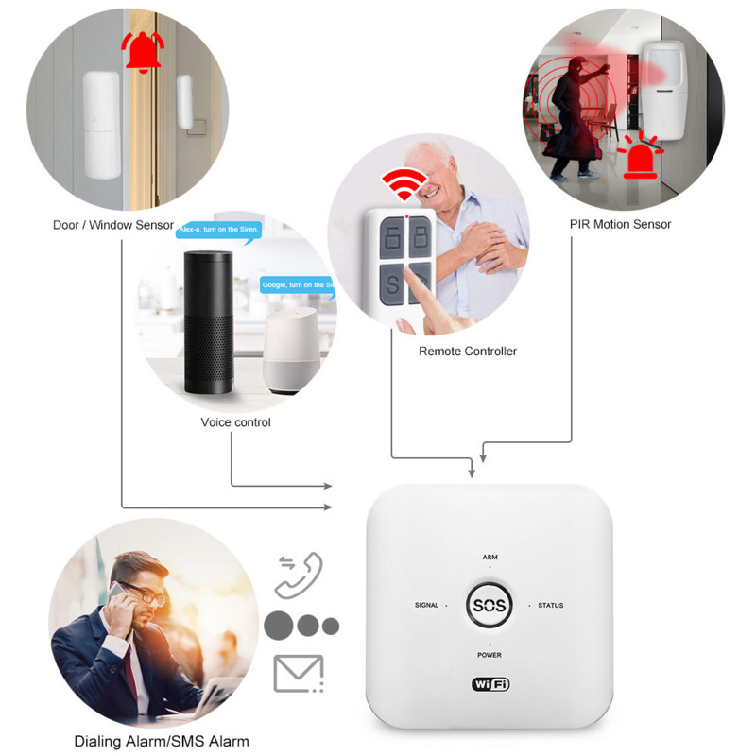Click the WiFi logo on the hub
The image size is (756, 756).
click(x=490, y=683)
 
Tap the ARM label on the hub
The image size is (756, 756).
click(x=490, y=558)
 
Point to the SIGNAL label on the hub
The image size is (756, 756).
click(x=426, y=605)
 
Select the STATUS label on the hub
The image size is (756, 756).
click(x=550, y=605)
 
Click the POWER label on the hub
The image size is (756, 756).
click(x=490, y=655)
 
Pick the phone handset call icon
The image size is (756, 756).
click(x=299, y=575)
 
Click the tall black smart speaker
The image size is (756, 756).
click(x=206, y=326)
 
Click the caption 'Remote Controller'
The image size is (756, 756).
click(x=468, y=352)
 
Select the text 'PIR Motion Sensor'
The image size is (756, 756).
click(x=620, y=224)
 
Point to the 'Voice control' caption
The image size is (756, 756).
click(x=235, y=422)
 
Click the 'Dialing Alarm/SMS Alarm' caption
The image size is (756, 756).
click(x=162, y=740)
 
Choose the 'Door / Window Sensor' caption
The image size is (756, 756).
click(x=113, y=226)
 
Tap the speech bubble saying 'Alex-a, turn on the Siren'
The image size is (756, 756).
click(x=218, y=230)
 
